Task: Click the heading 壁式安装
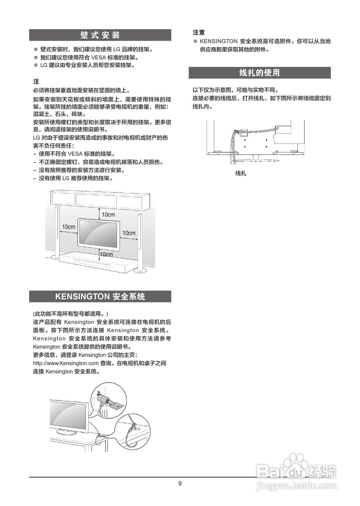coord(100,35)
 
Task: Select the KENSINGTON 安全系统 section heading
coord(100,296)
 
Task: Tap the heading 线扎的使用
coord(259,73)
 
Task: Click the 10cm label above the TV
coord(108,214)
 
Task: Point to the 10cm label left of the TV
coord(68,227)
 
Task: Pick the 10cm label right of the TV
coord(129,233)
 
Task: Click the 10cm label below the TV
coord(106,255)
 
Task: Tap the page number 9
coord(180,483)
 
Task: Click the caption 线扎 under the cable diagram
coord(241,173)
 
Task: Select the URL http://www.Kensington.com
coord(66,363)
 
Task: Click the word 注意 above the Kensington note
coord(199,32)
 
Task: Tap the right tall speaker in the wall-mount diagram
coord(140,241)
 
